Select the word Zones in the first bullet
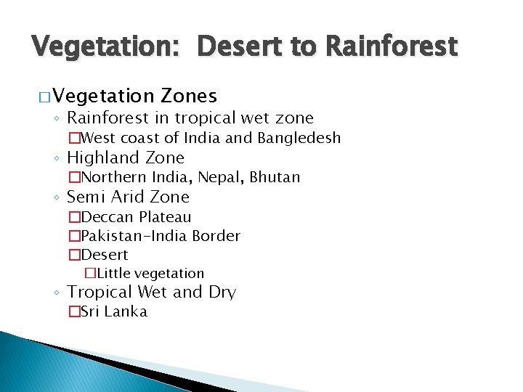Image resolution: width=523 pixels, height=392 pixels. [189, 96]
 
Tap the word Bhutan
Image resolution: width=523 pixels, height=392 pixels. [275, 177]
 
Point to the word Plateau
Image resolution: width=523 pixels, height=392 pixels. [166, 217]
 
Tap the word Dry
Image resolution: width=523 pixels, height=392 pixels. [222, 293]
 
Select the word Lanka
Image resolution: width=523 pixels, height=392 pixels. [126, 312]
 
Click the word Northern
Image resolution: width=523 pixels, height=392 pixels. [115, 177]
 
